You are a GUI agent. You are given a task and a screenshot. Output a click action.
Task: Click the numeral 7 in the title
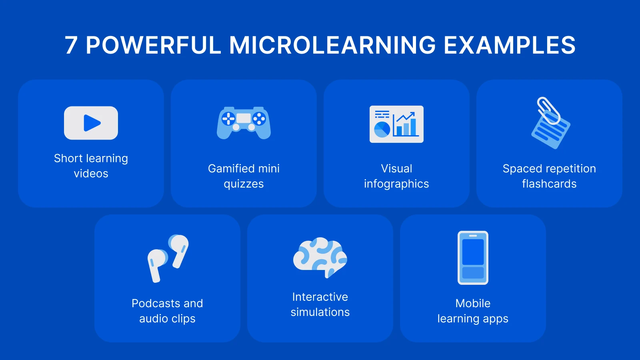71,45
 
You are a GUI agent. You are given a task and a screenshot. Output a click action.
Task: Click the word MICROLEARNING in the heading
332,45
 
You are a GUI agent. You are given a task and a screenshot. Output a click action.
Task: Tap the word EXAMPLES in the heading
510,45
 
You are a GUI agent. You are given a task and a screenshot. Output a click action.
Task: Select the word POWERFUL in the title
153,45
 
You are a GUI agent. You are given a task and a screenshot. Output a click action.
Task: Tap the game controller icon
244,123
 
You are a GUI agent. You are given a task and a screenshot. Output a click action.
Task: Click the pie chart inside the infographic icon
382,129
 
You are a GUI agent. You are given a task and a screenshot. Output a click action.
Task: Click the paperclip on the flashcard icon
548,110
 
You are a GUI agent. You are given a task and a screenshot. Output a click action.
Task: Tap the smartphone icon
473,258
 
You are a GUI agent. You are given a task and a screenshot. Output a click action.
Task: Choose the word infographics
396,184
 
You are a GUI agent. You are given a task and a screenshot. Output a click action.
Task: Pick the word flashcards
549,184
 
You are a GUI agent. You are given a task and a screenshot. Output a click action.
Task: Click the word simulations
320,312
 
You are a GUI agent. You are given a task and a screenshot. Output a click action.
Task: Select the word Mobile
473,304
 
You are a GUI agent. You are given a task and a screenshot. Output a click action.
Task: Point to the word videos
91,174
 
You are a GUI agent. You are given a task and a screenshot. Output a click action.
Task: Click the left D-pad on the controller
228,118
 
